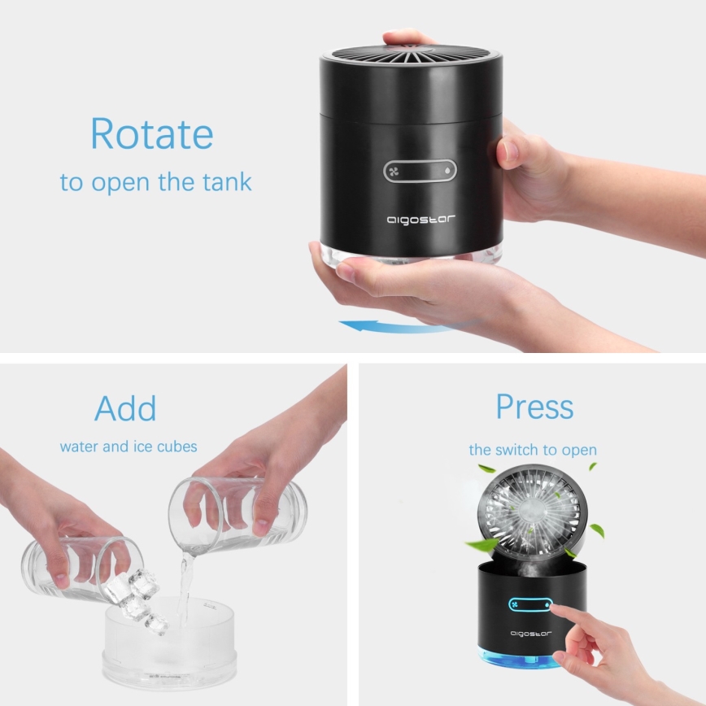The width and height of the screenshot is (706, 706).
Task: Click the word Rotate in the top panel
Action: point(151,133)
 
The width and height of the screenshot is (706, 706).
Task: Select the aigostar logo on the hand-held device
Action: point(420,220)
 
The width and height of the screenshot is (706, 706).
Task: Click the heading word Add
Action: point(125,407)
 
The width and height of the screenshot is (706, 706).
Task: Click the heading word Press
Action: point(534,407)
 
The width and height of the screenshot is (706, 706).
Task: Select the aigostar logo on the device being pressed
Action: point(530,633)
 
